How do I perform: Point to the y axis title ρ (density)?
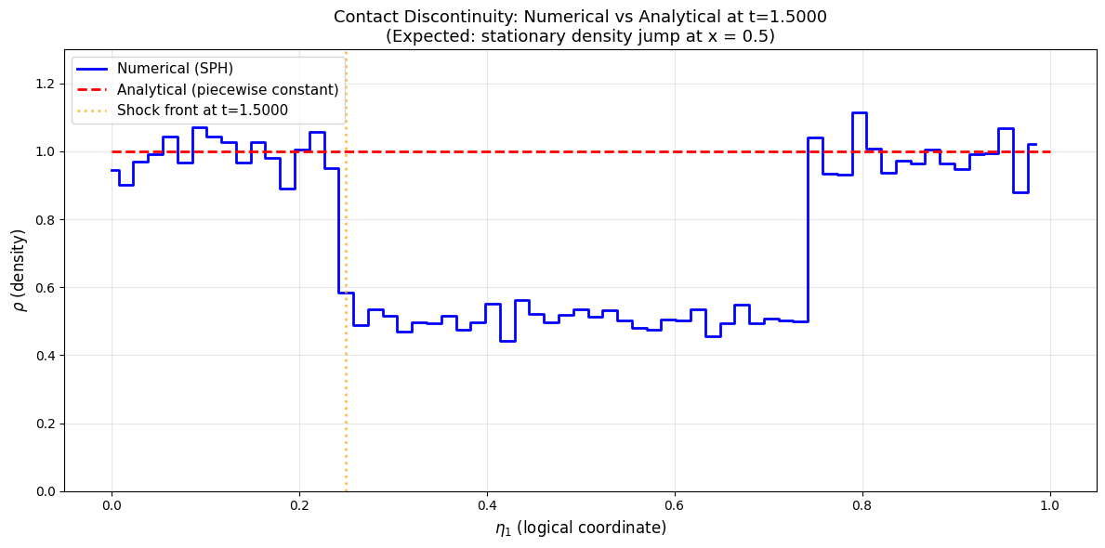click(21, 269)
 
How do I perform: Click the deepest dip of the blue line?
click(507, 341)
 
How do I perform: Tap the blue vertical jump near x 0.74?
click(808, 229)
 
